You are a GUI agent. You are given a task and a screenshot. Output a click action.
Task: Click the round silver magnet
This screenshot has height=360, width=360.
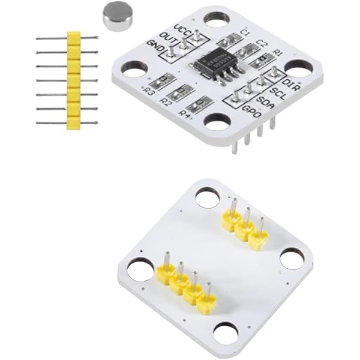[119, 15]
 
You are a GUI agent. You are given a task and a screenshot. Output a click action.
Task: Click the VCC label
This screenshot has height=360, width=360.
[182, 28]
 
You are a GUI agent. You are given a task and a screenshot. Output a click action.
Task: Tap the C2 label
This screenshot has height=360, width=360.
[262, 43]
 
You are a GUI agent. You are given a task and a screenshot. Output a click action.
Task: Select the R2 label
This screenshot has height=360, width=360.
[166, 102]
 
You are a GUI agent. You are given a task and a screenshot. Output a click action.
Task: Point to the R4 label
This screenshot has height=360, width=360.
[185, 113]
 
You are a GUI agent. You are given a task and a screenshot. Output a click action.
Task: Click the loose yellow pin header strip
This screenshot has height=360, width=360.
[73, 80]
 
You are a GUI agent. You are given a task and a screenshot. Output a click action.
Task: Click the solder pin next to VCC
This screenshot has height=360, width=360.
[196, 38]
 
